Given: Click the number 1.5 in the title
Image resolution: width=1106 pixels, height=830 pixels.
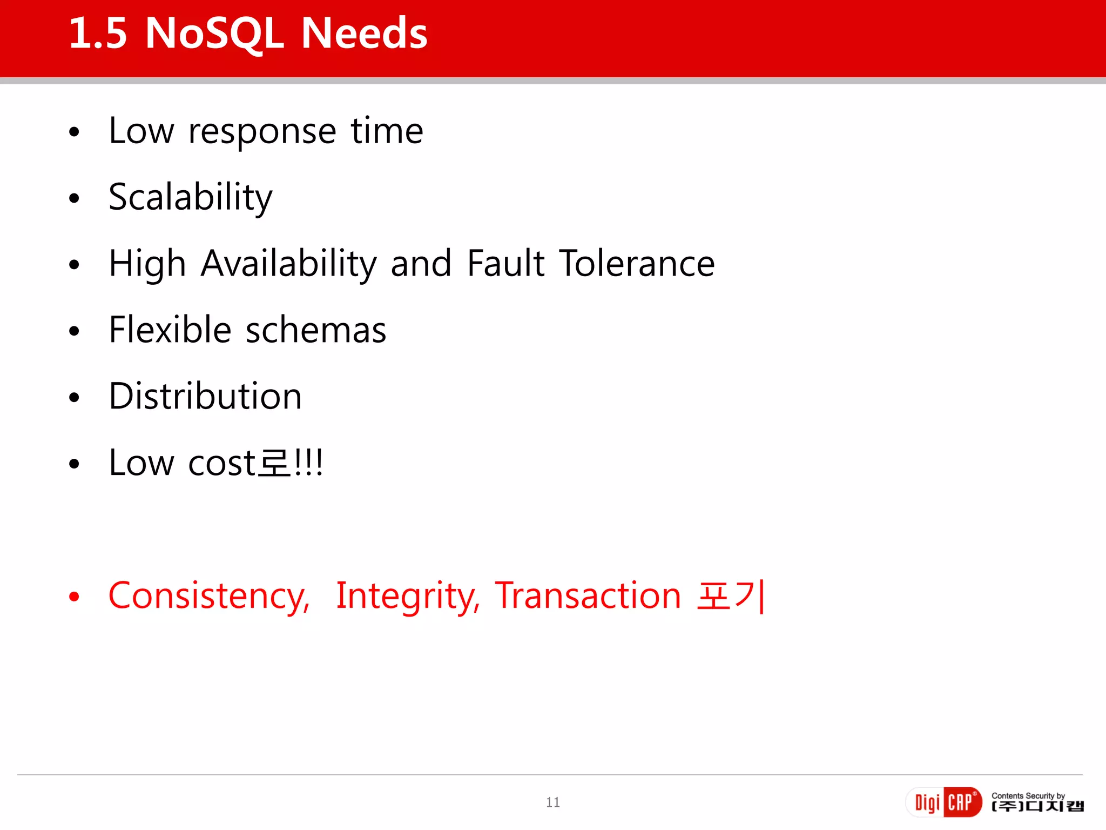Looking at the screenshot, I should click(x=98, y=34).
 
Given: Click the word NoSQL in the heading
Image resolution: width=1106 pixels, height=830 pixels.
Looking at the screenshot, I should click(x=214, y=34).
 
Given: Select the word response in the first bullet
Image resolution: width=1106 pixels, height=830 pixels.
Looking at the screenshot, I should click(x=262, y=132).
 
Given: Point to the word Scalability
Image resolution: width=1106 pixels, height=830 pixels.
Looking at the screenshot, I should click(x=190, y=198).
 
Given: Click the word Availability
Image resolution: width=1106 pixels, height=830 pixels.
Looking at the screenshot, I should click(x=288, y=264).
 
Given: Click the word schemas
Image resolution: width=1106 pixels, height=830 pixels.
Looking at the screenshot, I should click(x=316, y=330).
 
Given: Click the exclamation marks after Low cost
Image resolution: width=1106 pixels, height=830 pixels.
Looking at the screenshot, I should click(x=309, y=463).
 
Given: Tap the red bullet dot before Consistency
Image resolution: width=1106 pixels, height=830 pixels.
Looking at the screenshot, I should click(x=75, y=597).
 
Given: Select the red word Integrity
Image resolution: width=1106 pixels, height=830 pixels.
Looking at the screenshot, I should click(x=407, y=597).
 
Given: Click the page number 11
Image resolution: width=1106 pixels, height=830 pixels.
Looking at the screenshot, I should click(x=552, y=802).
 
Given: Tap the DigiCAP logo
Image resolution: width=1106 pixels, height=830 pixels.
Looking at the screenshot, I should click(x=943, y=802).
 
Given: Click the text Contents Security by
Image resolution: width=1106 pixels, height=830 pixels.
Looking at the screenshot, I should click(x=1028, y=795).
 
